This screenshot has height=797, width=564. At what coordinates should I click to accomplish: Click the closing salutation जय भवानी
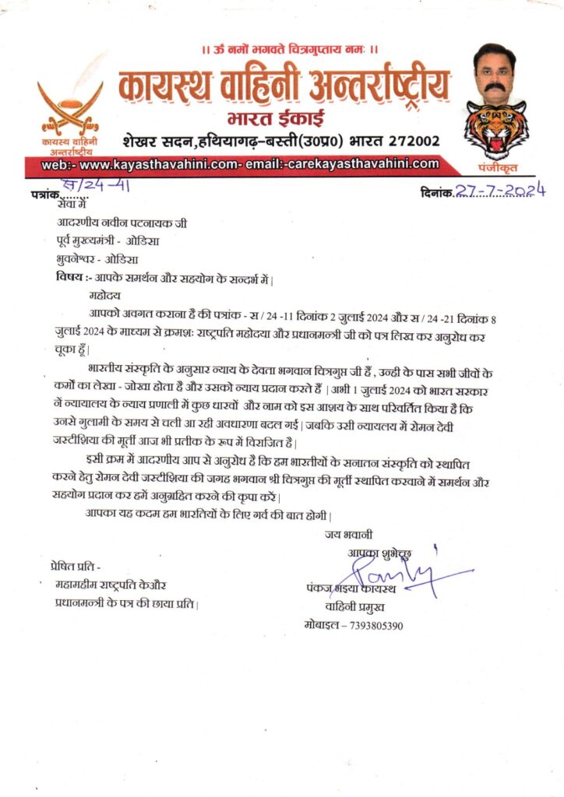pyautogui.click(x=349, y=535)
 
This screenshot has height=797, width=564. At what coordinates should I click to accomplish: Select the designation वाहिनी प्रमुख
pyautogui.click(x=361, y=607)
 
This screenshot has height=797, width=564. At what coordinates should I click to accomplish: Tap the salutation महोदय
pyautogui.click(x=104, y=296)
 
